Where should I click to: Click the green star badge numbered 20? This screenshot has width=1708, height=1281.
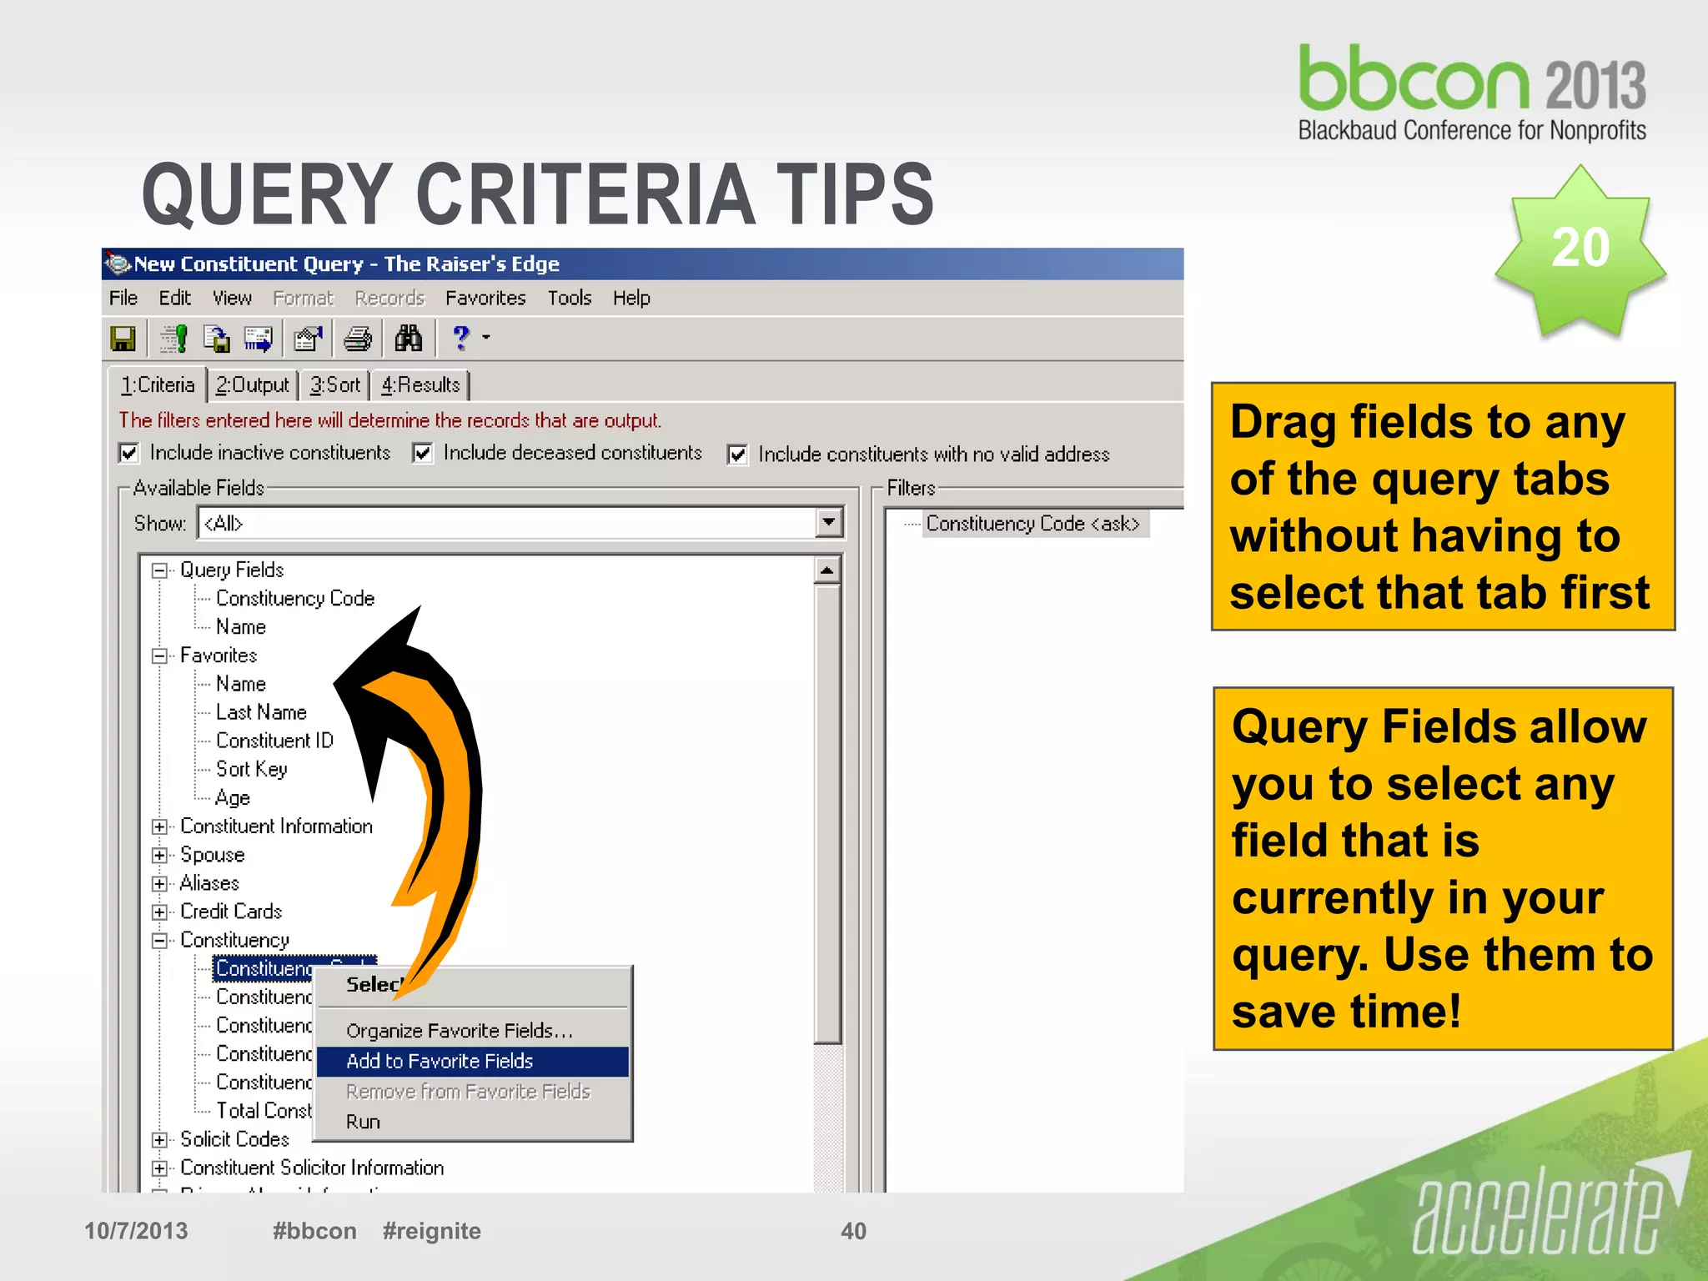[1580, 250]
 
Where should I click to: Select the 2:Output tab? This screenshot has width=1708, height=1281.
[252, 384]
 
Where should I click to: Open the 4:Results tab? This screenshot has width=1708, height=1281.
[420, 384]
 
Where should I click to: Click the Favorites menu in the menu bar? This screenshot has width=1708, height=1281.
[485, 298]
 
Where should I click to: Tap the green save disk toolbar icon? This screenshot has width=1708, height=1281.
[123, 339]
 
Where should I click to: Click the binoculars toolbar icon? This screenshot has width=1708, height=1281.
[408, 339]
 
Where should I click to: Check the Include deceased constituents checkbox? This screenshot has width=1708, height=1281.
[423, 453]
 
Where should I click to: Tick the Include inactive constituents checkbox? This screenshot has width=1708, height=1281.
[128, 453]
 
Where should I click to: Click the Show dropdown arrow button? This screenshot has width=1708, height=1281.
[828, 523]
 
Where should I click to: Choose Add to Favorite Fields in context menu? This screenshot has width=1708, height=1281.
[440, 1061]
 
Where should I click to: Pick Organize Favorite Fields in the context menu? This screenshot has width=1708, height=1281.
[459, 1031]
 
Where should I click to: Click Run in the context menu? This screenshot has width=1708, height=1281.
[363, 1122]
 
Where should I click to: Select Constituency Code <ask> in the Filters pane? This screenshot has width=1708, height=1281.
[1032, 524]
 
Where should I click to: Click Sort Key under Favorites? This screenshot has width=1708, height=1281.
[251, 769]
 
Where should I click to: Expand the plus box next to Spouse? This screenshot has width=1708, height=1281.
[159, 855]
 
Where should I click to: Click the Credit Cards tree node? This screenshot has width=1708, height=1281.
[231, 912]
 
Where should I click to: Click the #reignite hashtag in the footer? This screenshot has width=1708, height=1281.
[431, 1231]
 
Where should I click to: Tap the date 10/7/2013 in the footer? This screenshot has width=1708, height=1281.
[136, 1231]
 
